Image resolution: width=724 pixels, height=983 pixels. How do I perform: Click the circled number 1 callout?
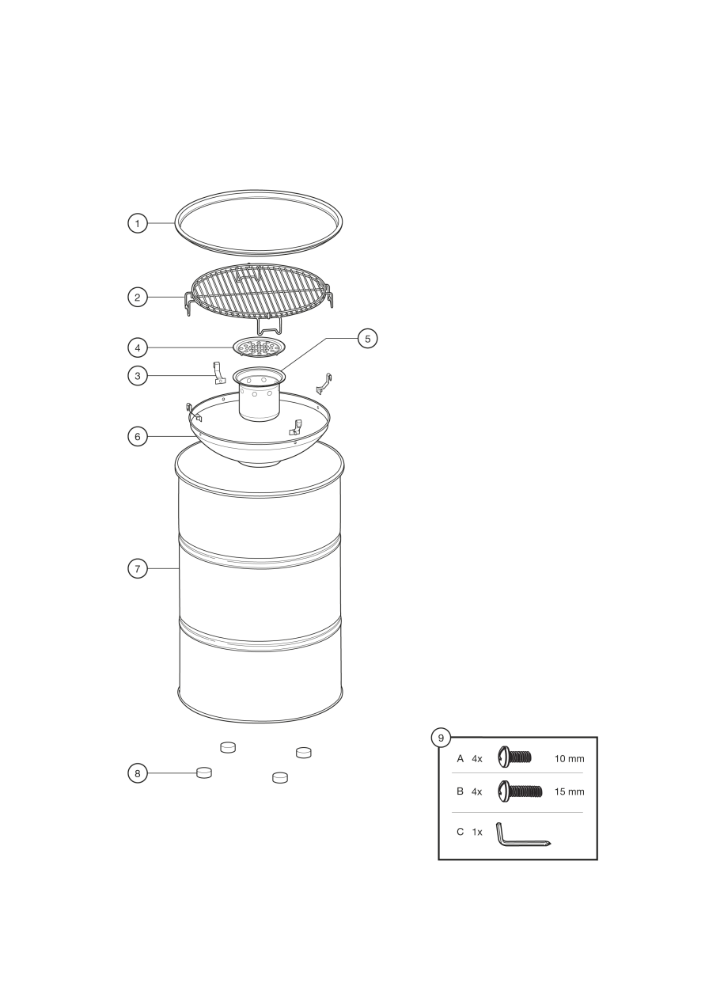[x=138, y=223]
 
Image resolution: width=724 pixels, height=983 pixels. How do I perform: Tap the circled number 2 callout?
[x=138, y=297]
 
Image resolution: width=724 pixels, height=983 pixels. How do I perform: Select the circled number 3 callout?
[x=138, y=376]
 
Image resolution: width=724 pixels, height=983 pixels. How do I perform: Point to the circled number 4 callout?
[x=138, y=347]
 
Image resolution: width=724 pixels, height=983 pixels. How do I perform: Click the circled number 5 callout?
[x=367, y=338]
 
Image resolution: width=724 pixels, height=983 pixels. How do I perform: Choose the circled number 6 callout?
[x=138, y=437]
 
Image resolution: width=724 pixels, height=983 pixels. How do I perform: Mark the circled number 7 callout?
[x=138, y=569]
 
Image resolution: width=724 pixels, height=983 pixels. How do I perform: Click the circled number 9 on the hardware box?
[x=441, y=738]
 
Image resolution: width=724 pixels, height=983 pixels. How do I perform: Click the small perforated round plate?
[x=259, y=347]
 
